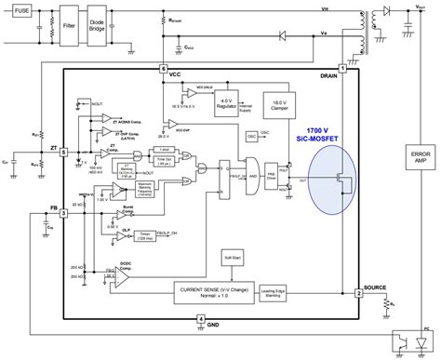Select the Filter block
[x=68, y=18]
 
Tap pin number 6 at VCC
[x=162, y=70]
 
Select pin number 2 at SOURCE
[x=358, y=293]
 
